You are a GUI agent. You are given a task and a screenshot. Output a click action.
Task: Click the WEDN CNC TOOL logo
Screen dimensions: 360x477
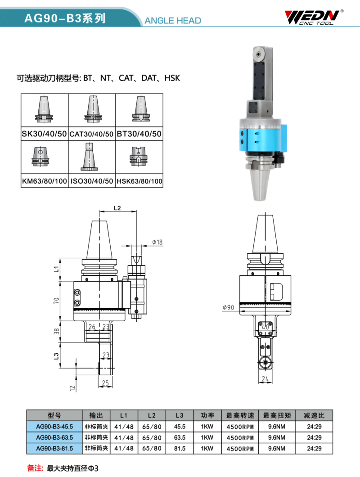314,17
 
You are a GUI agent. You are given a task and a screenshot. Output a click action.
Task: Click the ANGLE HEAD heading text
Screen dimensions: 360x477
172,21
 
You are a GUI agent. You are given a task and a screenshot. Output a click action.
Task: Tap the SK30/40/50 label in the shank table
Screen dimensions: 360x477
45,134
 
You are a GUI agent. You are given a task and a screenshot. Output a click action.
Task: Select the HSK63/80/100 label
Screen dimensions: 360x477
139,181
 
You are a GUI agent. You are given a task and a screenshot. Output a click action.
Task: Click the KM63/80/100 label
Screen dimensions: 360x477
45,181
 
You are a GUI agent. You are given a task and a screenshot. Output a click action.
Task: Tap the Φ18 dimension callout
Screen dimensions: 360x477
157,242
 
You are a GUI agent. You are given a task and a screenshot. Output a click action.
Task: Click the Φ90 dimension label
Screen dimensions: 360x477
228,307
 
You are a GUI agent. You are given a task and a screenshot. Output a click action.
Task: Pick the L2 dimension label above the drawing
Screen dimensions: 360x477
117,208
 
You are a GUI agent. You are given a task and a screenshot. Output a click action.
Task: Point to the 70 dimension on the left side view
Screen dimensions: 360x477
56,301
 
